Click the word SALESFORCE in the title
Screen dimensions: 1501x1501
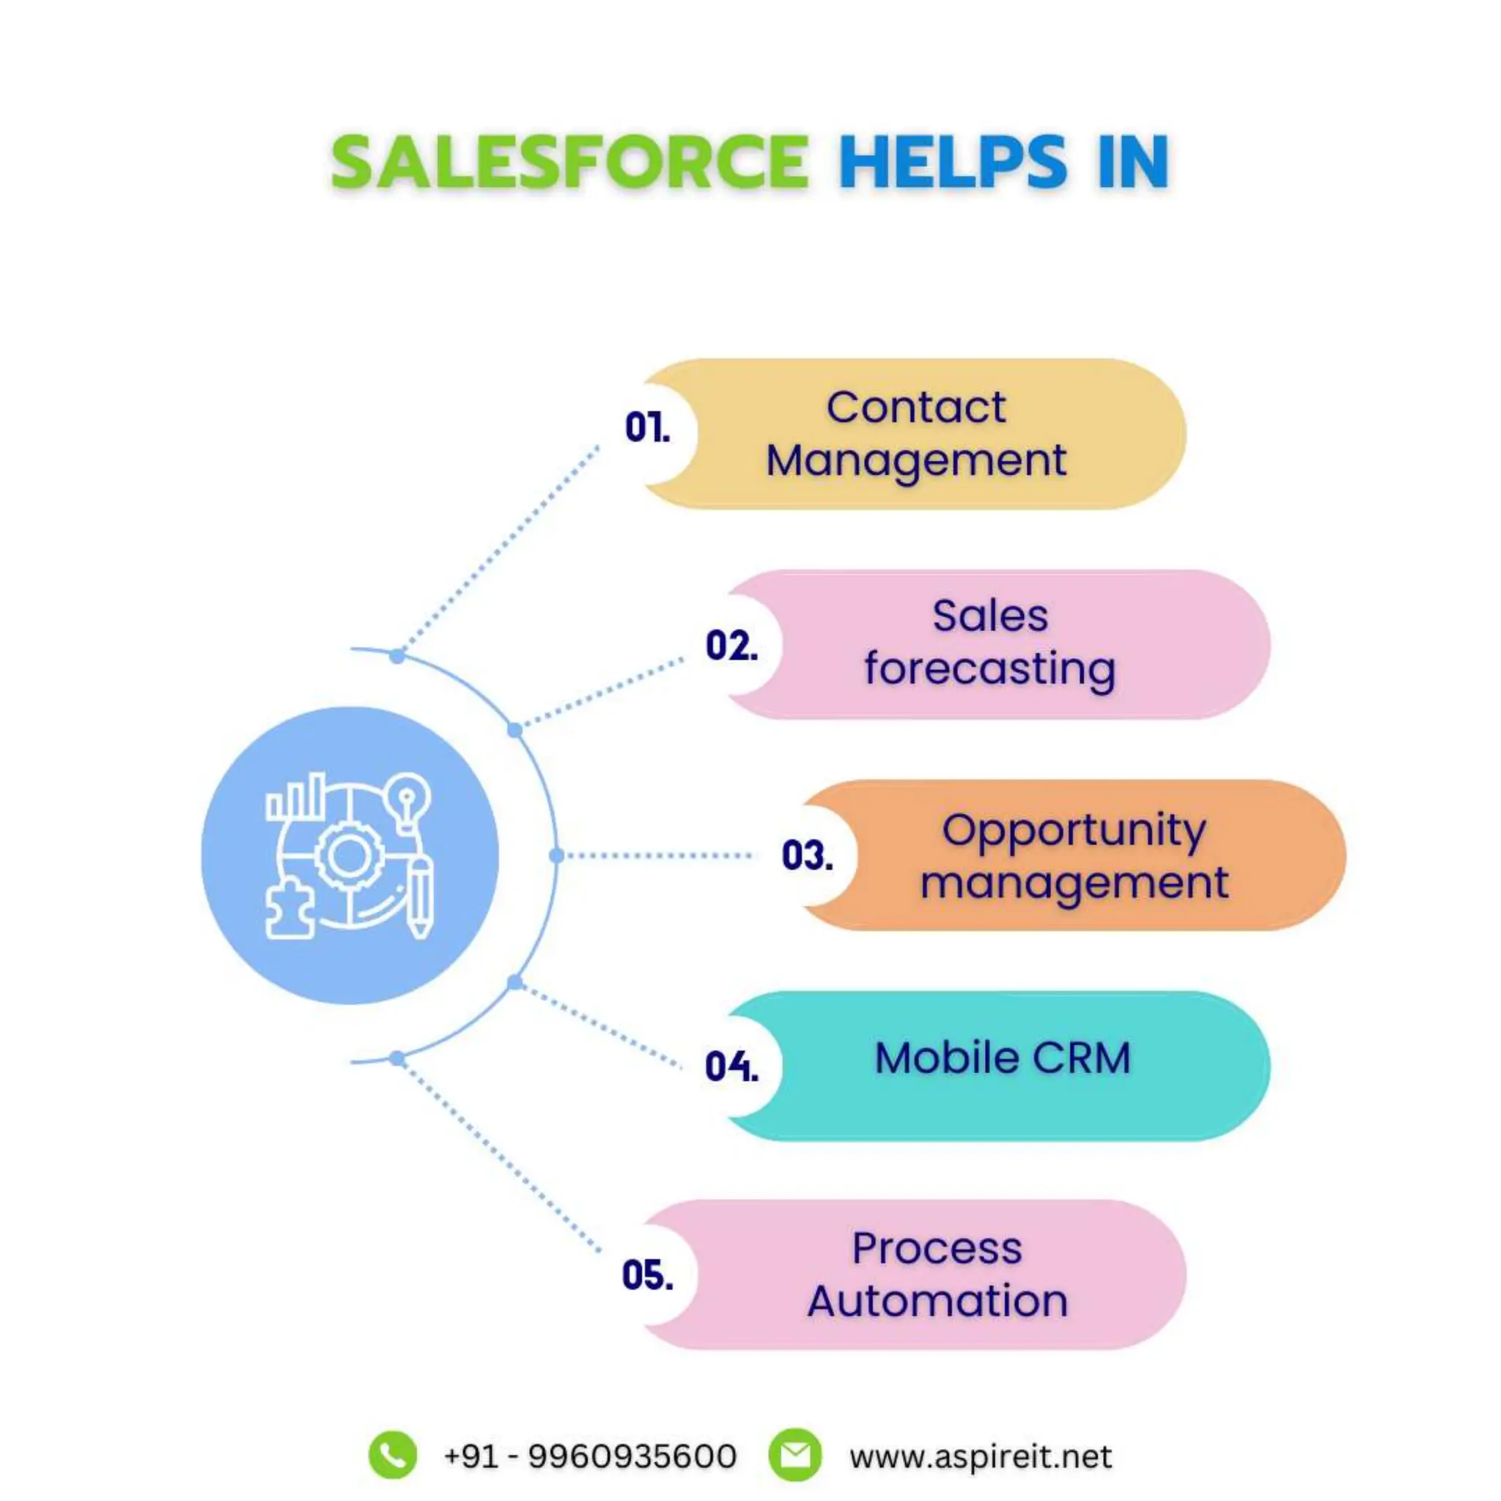pyautogui.click(x=569, y=161)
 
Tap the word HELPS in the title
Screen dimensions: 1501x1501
pyautogui.click(x=953, y=161)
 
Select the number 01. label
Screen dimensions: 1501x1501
pyautogui.click(x=647, y=427)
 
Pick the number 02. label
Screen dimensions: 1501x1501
pyautogui.click(x=731, y=646)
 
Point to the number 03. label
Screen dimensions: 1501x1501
pyautogui.click(x=807, y=855)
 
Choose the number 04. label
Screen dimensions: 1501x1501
pyautogui.click(x=731, y=1065)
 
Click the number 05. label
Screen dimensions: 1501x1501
pyautogui.click(x=647, y=1275)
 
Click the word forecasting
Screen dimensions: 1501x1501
pyautogui.click(x=989, y=669)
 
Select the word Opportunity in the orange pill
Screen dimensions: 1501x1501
pyautogui.click(x=1074, y=830)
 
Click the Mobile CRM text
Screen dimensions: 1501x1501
pyautogui.click(x=1002, y=1058)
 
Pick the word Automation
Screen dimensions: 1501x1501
pyautogui.click(x=937, y=1301)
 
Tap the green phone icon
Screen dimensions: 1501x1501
pyautogui.click(x=392, y=1455)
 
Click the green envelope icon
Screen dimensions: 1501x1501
pyautogui.click(x=794, y=1455)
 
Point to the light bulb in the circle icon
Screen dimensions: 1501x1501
pyautogui.click(x=407, y=800)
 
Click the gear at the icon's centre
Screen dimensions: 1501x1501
pyautogui.click(x=347, y=855)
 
